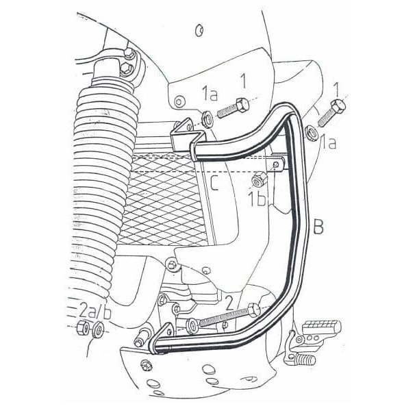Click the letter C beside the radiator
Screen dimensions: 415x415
tap(214, 184)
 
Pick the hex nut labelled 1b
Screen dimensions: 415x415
tap(259, 180)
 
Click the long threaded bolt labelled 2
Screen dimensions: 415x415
tap(219, 316)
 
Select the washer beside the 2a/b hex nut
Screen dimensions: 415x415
tap(99, 330)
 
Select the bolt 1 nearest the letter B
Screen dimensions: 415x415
tap(335, 109)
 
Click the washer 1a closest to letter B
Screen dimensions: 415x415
tap(310, 130)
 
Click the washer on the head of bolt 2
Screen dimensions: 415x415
tap(254, 310)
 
